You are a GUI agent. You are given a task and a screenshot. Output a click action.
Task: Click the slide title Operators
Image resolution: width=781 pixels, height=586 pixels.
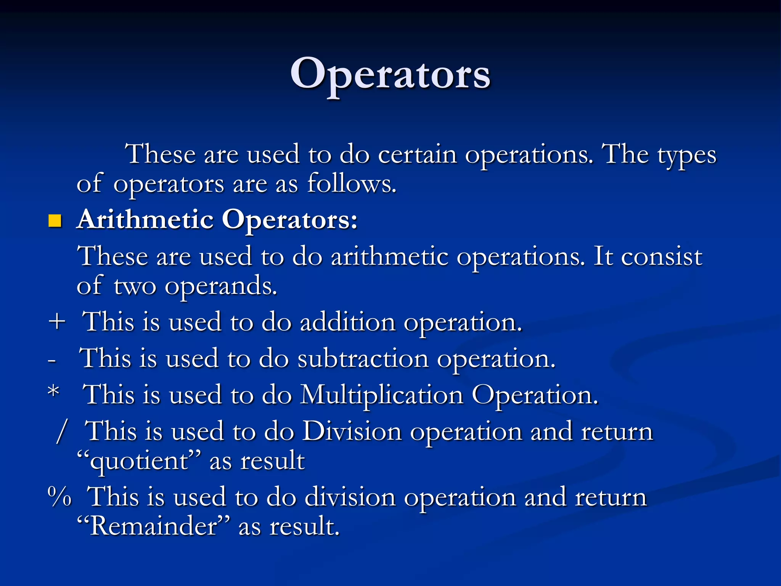click(390, 74)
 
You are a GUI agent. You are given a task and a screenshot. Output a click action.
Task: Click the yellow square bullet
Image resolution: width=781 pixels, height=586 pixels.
click(55, 221)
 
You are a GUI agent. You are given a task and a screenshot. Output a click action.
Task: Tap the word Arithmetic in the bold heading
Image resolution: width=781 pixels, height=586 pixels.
click(145, 220)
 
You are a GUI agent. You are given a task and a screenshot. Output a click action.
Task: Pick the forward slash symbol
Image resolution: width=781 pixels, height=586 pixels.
click(61, 431)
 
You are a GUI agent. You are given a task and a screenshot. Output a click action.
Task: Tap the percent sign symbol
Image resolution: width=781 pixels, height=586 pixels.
click(59, 496)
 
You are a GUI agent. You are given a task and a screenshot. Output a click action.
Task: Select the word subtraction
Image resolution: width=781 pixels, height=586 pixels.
click(363, 359)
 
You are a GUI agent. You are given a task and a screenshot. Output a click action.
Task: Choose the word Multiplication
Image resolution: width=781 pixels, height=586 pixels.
click(382, 394)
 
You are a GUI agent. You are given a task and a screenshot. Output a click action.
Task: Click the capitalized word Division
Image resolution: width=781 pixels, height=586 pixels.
click(352, 431)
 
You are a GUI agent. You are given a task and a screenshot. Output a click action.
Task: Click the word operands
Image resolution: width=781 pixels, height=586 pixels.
click(221, 286)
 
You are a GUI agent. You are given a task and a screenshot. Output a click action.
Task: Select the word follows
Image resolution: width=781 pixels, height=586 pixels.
click(351, 184)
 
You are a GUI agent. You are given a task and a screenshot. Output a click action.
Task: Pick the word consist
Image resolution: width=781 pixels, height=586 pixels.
click(662, 256)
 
